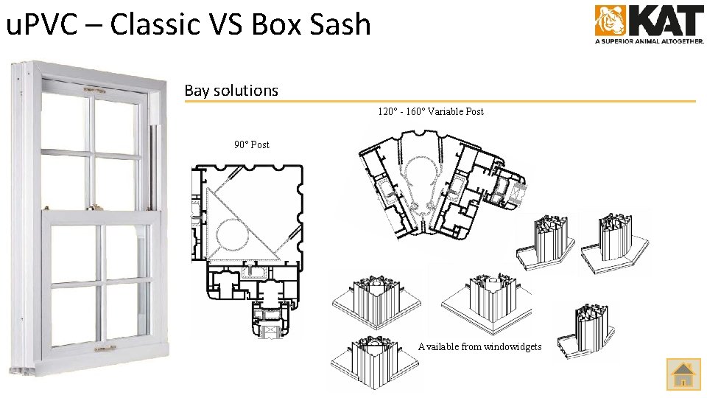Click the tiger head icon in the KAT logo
[x=610, y=21]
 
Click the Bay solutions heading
[x=231, y=91]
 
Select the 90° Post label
[x=252, y=144]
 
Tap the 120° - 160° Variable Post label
[x=431, y=111]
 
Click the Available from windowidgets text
[x=479, y=346]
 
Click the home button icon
[x=683, y=374]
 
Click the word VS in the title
[x=224, y=24]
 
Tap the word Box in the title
[x=275, y=24]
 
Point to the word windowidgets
[x=513, y=346]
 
